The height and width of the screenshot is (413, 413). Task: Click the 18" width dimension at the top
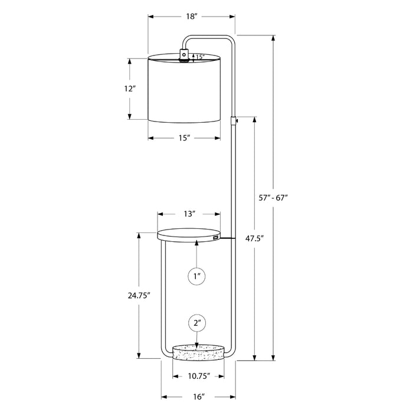click(x=192, y=17)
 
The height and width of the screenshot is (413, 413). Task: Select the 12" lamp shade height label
click(x=130, y=88)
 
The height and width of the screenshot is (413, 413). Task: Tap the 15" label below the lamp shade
click(x=184, y=137)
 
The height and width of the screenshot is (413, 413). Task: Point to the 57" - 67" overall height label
click(x=273, y=198)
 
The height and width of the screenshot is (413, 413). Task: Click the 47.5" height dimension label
click(x=254, y=238)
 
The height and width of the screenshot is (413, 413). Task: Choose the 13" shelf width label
click(x=189, y=214)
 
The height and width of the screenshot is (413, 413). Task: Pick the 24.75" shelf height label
click(x=139, y=296)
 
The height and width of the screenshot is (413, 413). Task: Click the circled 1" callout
click(x=196, y=276)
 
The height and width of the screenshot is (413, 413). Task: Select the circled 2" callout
click(x=197, y=323)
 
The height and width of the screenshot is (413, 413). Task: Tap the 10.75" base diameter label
click(x=199, y=376)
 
